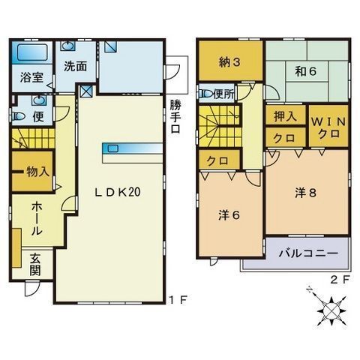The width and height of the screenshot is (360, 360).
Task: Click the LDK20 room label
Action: (118, 192)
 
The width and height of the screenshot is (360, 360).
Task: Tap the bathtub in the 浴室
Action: (32, 52)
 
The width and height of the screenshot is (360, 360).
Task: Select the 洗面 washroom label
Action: (76, 66)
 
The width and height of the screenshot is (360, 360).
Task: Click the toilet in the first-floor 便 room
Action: (19, 116)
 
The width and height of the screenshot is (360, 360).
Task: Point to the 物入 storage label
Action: (38, 172)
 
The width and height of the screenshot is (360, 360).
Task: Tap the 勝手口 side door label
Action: (175, 116)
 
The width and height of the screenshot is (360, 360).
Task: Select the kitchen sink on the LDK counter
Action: (112, 148)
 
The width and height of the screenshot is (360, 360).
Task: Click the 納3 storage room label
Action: (229, 62)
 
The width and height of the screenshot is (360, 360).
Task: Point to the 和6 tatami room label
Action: (305, 71)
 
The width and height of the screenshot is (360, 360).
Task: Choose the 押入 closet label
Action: (285, 116)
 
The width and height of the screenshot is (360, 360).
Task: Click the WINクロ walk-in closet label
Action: (328, 127)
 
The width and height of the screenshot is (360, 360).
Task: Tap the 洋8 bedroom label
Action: (306, 193)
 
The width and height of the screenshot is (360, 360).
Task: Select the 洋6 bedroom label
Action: (229, 215)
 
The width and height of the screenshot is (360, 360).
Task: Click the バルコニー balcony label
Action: (308, 253)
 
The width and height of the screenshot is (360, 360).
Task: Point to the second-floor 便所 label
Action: (224, 94)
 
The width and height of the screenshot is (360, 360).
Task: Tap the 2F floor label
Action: (339, 280)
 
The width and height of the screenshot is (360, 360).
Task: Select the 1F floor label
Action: (178, 300)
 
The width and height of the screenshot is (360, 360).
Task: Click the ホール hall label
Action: (37, 219)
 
